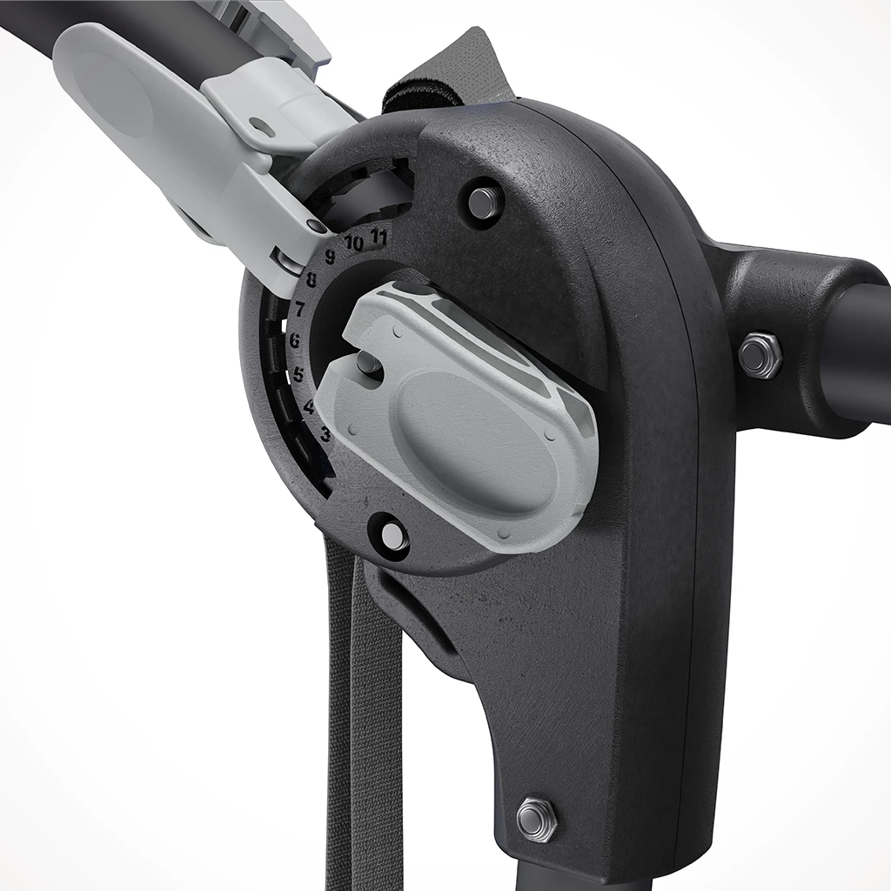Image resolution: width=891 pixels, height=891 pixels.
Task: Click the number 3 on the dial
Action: pos(325,434)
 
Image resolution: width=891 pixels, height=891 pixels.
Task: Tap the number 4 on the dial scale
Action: pos(309,406)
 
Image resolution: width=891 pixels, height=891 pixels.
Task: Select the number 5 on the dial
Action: pos(298,375)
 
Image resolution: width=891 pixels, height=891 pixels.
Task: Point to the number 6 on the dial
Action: pos(294,341)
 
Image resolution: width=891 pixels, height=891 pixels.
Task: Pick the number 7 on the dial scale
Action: pos(299,309)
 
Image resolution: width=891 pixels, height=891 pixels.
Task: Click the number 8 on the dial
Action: pos(311,280)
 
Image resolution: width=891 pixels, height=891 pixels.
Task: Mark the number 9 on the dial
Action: pos(330,257)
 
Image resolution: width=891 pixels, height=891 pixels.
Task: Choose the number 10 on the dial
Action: pos(353,244)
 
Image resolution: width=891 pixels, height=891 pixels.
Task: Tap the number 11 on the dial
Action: pos(379,236)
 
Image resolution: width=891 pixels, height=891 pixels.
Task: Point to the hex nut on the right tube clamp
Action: pos(760,355)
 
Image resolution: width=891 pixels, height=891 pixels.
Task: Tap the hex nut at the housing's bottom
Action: pos(536,818)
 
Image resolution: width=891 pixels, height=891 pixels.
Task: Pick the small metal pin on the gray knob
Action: pos(369,363)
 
